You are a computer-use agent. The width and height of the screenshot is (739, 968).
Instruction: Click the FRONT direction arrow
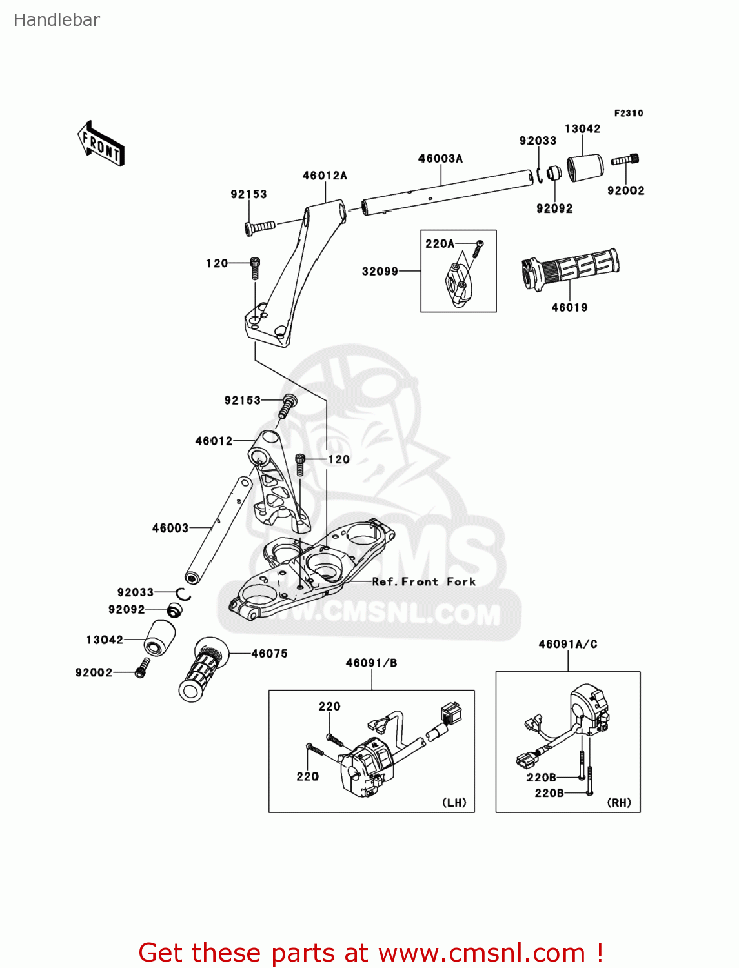(x=101, y=144)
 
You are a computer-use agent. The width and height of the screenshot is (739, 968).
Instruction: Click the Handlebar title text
(x=57, y=20)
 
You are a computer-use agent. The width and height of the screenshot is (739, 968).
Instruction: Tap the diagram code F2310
(x=628, y=113)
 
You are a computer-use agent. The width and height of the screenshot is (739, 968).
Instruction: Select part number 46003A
(x=440, y=159)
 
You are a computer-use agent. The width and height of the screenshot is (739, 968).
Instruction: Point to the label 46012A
(x=325, y=176)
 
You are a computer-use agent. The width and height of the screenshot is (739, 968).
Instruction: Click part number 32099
(x=380, y=272)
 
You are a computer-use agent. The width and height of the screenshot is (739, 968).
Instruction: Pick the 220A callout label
(x=440, y=244)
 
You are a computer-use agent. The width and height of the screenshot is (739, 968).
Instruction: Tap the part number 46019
(x=569, y=308)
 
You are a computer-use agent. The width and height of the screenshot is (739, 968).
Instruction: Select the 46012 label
(x=214, y=441)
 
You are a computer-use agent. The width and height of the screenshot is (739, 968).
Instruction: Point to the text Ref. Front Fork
(x=424, y=581)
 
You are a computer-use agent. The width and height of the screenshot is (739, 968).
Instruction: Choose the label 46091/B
(x=371, y=663)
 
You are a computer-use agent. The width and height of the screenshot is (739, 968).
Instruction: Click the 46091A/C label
(x=568, y=644)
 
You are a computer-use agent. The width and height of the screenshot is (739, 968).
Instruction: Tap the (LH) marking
(x=454, y=803)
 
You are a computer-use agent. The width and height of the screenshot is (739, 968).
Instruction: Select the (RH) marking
(x=619, y=803)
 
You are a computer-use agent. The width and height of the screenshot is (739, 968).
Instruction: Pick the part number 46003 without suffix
(x=170, y=528)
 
